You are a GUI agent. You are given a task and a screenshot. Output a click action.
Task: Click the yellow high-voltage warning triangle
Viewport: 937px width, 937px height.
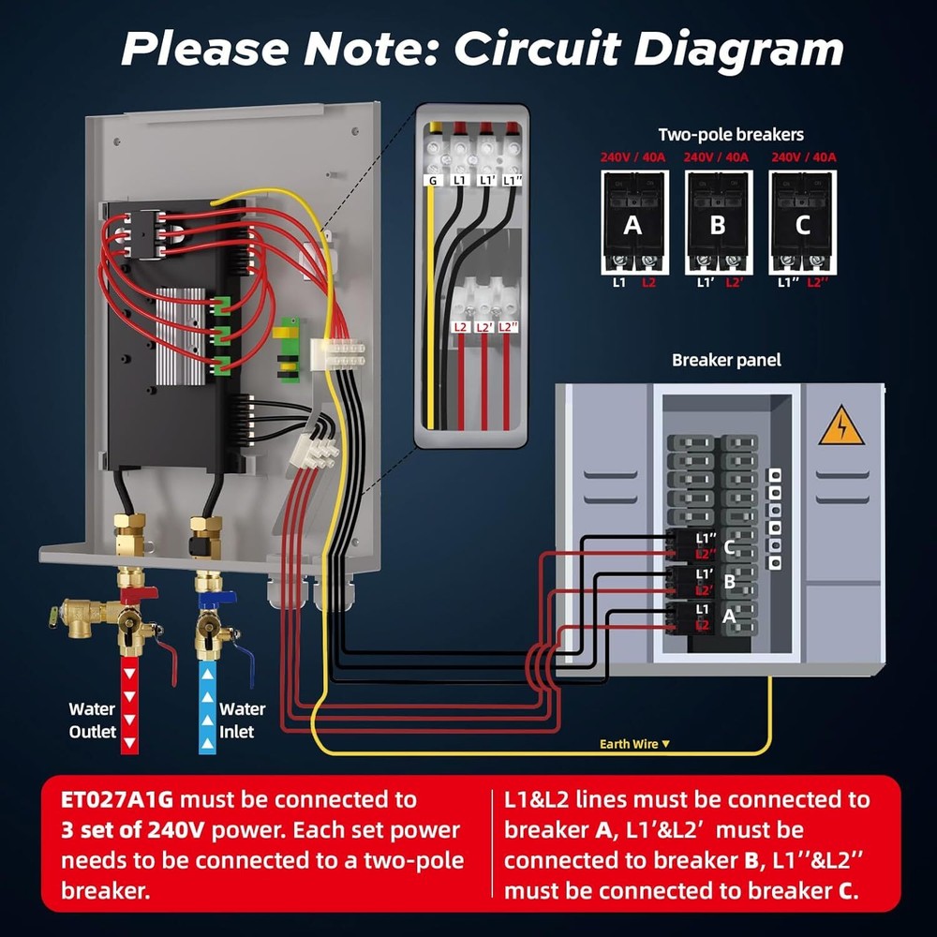[841, 426]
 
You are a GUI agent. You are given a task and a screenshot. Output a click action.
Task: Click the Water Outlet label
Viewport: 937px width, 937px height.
[92, 721]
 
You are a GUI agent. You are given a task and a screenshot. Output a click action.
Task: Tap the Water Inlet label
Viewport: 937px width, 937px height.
[242, 721]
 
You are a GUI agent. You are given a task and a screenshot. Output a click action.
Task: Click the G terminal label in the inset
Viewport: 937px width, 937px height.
[433, 180]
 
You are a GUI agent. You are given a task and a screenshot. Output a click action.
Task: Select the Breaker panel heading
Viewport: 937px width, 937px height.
[726, 360]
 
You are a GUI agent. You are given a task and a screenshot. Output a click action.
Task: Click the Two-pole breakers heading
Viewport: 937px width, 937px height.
[731, 135]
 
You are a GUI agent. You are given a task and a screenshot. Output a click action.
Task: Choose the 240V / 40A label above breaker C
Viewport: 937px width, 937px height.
[804, 157]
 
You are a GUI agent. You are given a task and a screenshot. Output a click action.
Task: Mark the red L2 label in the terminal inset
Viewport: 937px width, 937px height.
[460, 327]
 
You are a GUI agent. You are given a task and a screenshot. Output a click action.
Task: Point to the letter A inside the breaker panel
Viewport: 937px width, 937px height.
[730, 617]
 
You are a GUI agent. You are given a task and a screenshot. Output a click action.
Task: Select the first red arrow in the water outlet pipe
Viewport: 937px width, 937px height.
[130, 671]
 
